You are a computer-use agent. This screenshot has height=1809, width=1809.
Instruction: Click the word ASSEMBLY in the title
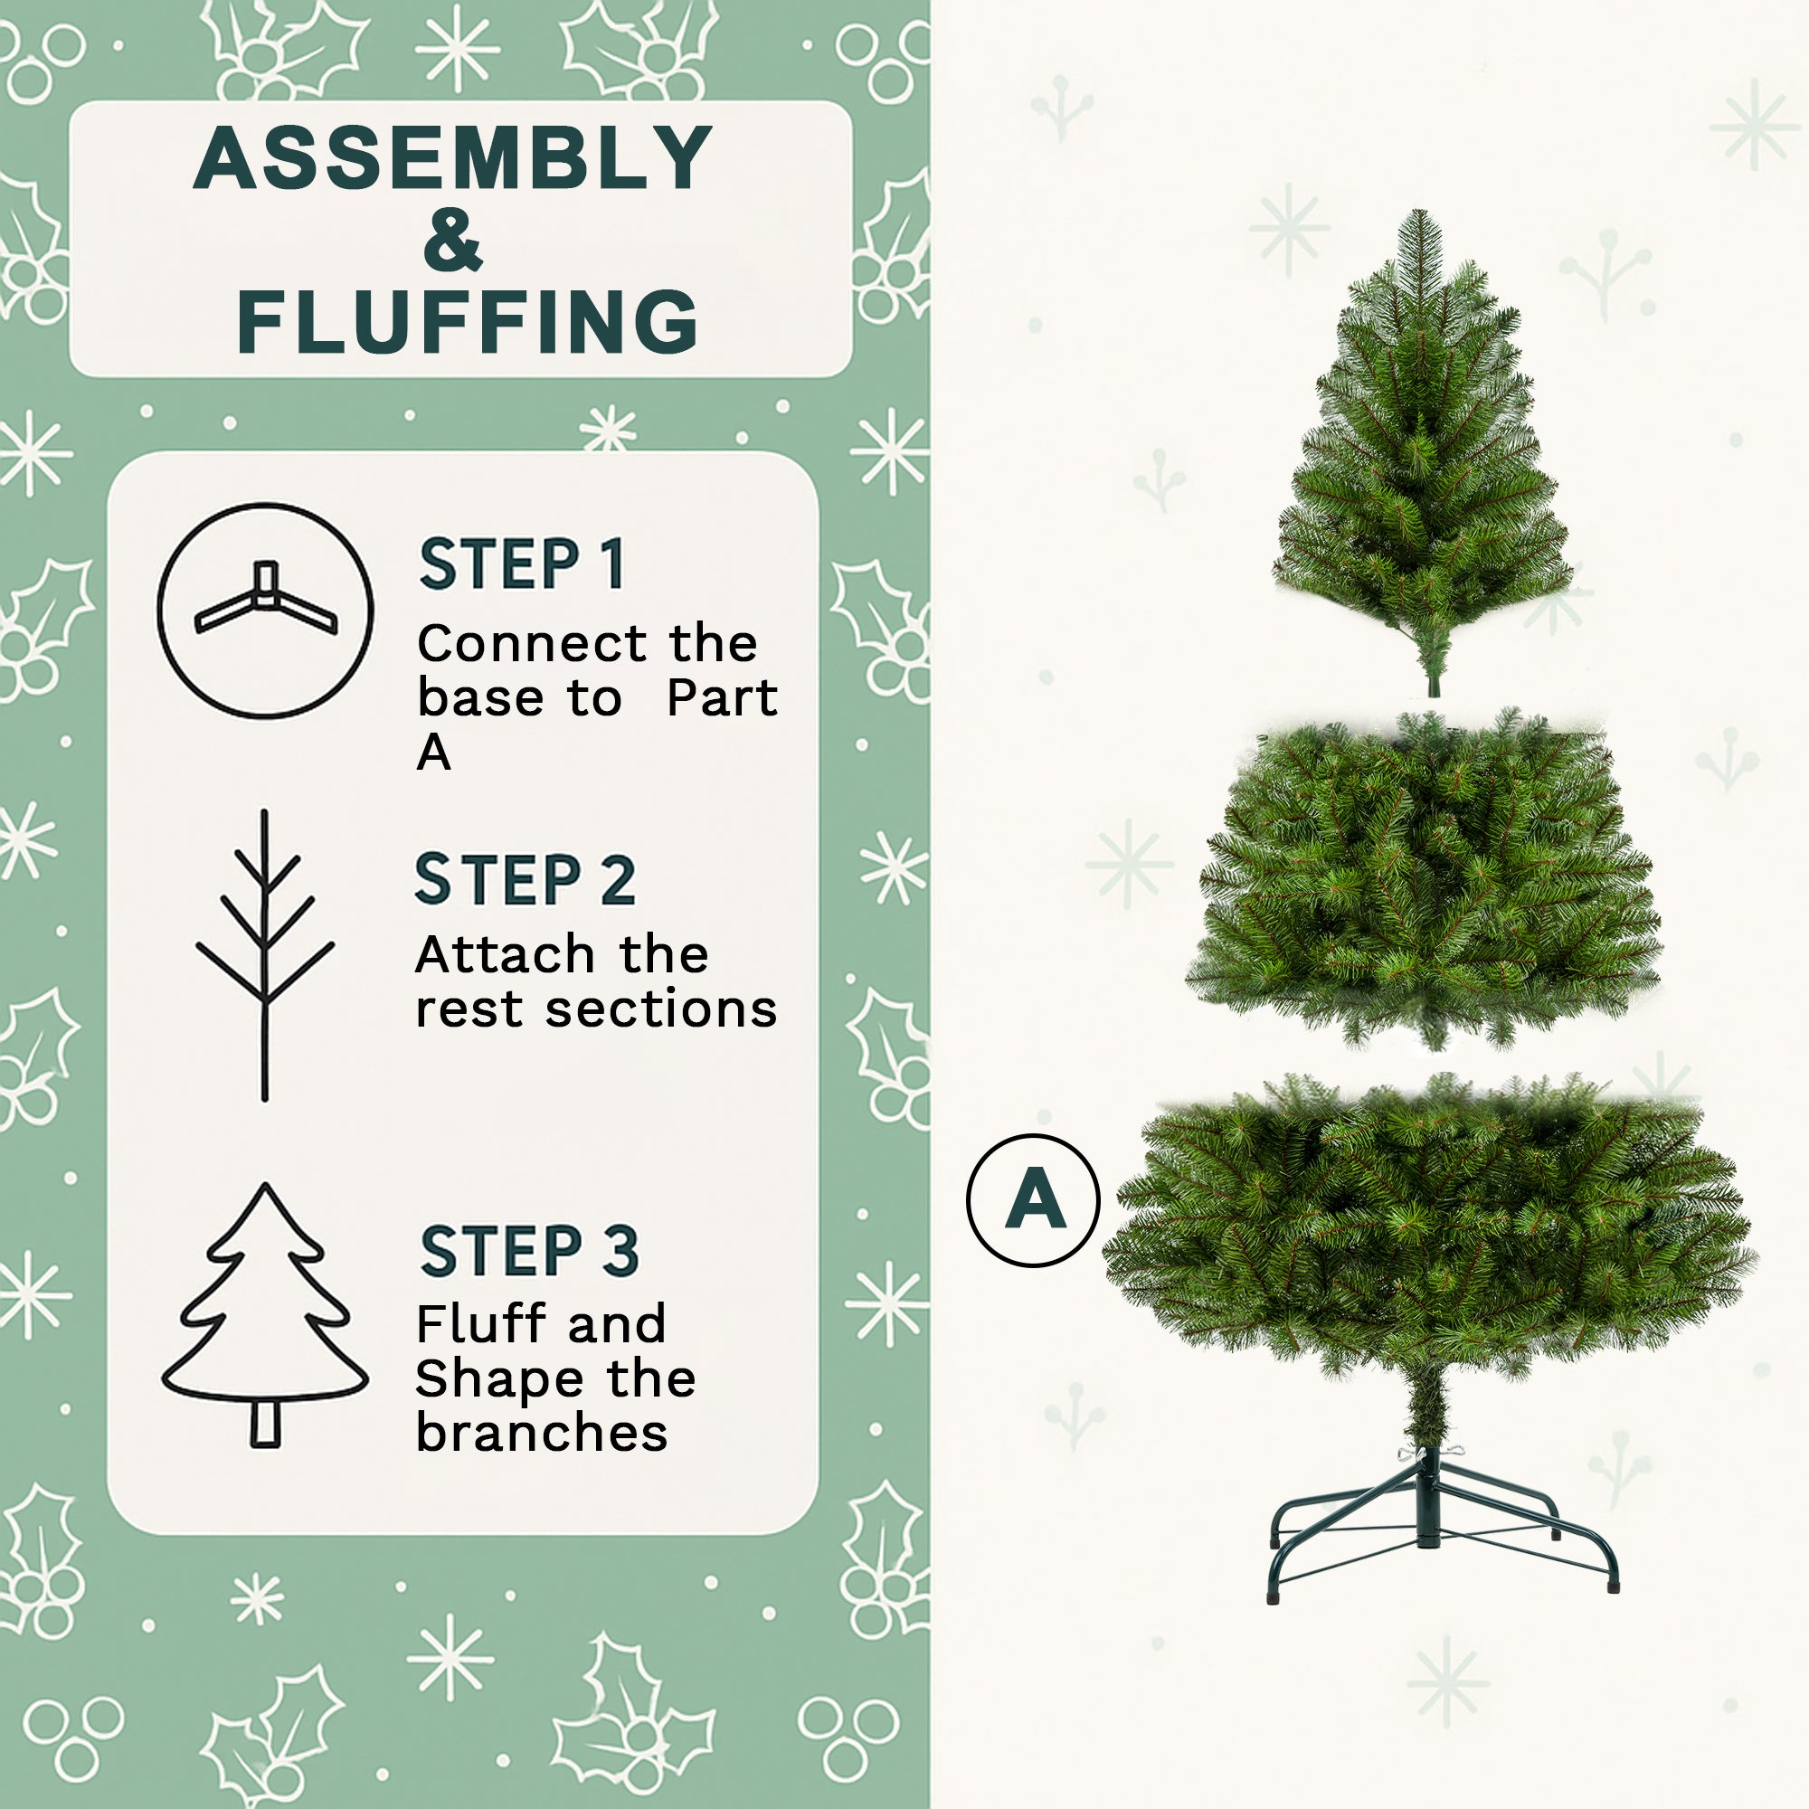tap(453, 159)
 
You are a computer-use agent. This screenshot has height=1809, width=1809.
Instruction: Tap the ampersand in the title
tap(453, 241)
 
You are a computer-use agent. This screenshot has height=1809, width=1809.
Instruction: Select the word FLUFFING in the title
tap(468, 322)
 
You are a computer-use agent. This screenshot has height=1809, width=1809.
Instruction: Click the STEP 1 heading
tap(522, 564)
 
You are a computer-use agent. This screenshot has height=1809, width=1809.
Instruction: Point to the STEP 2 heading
tap(526, 880)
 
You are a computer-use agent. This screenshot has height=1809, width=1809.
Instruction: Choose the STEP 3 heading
tap(529, 1251)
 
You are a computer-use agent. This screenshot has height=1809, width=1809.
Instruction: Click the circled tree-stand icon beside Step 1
tap(265, 611)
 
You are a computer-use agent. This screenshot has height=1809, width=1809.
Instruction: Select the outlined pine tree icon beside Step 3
tap(265, 1314)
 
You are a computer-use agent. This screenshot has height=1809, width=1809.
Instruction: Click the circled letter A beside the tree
tap(1033, 1199)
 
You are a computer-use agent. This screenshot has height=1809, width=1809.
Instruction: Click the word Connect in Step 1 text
tap(533, 644)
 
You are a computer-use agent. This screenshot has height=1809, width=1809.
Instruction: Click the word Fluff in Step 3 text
tap(480, 1324)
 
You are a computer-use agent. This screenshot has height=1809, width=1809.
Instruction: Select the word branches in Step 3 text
tap(541, 1434)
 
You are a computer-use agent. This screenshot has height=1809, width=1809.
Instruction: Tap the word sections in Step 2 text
tap(661, 1009)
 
